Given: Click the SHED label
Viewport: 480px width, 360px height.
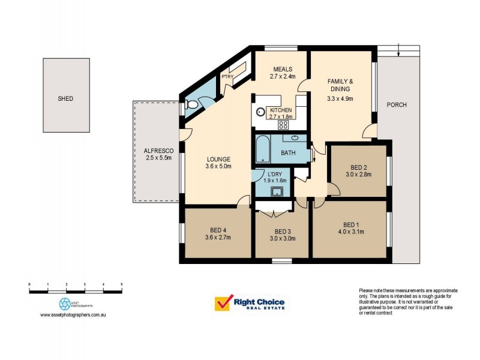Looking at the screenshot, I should pyautogui.click(x=65, y=98).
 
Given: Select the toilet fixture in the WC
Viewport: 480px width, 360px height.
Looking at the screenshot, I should pyautogui.click(x=191, y=105).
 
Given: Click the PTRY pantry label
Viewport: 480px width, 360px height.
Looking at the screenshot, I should pyautogui.click(x=227, y=77).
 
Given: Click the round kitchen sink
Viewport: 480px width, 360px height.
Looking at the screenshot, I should pyautogui.click(x=261, y=112).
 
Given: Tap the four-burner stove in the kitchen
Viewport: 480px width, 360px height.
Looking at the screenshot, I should pyautogui.click(x=283, y=125).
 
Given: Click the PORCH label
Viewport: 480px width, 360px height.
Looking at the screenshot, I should pyautogui.click(x=397, y=105).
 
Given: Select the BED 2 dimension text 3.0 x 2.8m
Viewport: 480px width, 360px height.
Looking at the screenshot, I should pyautogui.click(x=358, y=175).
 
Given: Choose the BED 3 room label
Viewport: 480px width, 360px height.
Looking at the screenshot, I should pyautogui.click(x=283, y=232).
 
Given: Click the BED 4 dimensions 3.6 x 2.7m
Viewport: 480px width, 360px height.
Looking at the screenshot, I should pyautogui.click(x=217, y=238).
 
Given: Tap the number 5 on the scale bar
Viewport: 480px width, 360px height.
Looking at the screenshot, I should pyautogui.click(x=122, y=283).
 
